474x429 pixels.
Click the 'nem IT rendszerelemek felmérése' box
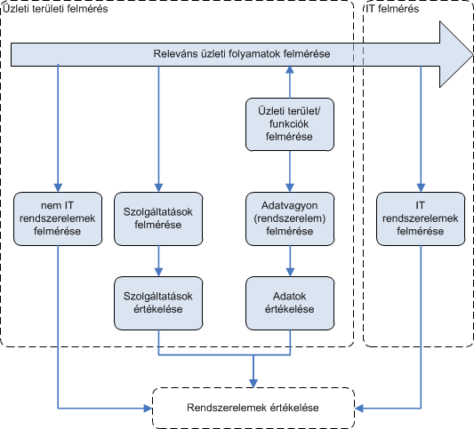click(58, 218)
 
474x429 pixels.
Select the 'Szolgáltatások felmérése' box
click(158, 218)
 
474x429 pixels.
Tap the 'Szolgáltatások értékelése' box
click(158, 303)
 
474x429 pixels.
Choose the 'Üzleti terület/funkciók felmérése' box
click(290, 124)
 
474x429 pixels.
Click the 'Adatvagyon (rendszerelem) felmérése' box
click(290, 218)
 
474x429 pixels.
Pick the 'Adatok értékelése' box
click(290, 303)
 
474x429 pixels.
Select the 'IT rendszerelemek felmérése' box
click(421, 218)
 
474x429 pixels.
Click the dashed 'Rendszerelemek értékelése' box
click(253, 408)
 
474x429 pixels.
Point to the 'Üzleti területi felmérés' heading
click(55, 9)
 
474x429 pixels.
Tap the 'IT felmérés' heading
click(392, 9)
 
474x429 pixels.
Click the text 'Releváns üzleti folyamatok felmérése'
click(242, 54)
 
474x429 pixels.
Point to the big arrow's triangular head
click(456, 54)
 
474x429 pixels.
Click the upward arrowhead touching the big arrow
click(290, 69)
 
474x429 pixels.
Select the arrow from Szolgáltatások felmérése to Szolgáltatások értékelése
click(158, 261)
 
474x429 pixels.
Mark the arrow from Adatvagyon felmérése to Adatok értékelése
click(290, 261)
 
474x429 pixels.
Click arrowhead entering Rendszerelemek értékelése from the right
click(358, 409)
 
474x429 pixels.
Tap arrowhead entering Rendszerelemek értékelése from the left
click(149, 409)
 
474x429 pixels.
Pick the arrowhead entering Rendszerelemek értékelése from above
click(253, 384)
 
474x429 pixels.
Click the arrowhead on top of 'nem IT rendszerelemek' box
click(58, 187)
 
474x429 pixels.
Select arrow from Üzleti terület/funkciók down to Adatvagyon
click(290, 171)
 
